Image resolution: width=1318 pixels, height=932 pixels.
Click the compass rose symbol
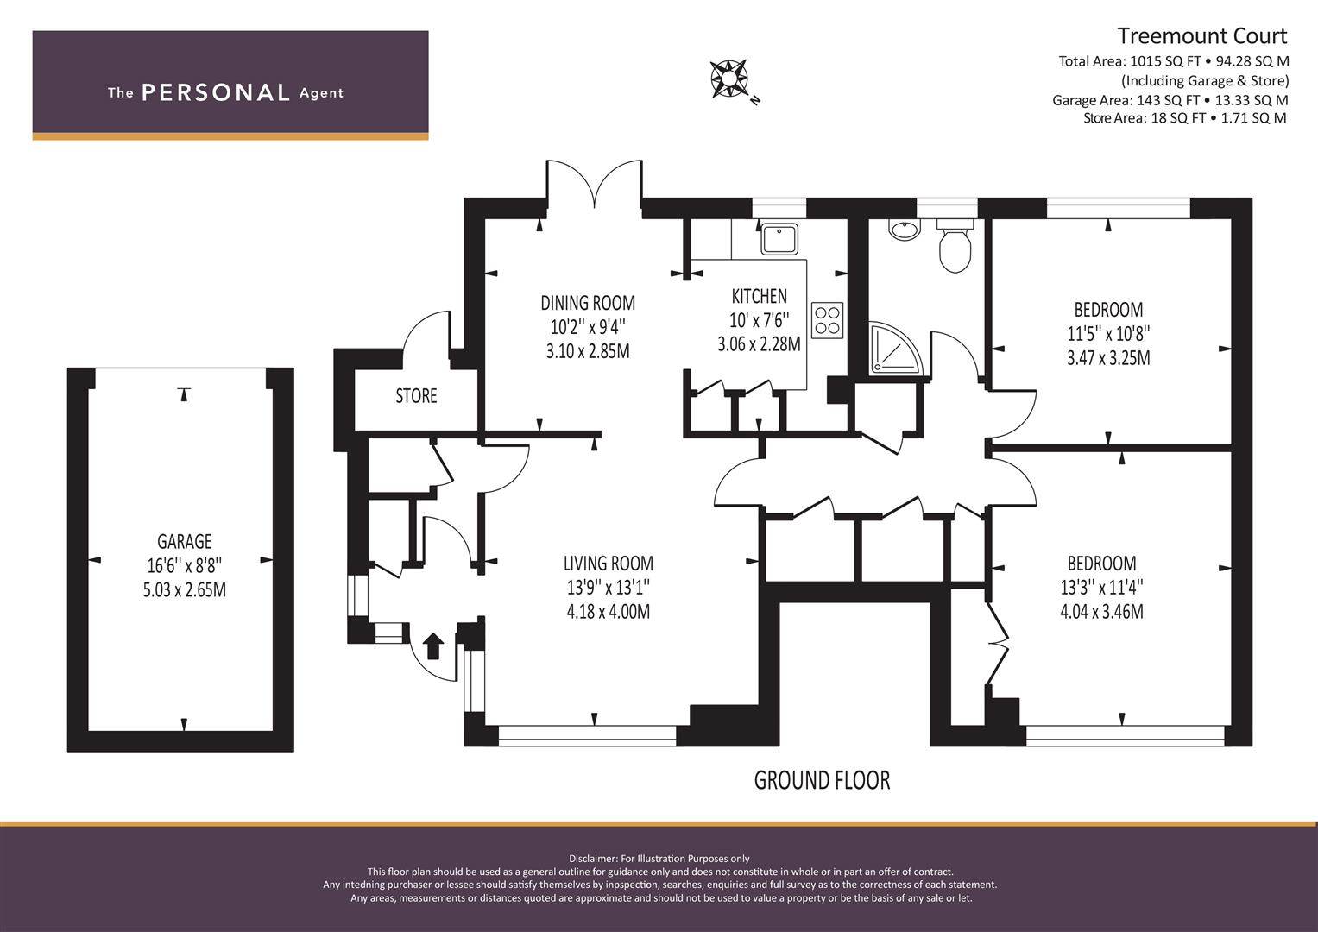(x=729, y=79)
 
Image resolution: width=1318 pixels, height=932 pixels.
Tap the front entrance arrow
(x=433, y=646)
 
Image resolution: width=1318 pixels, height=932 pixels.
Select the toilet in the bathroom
(x=955, y=246)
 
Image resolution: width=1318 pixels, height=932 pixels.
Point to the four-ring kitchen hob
(x=827, y=320)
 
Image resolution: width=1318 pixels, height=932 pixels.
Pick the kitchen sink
(x=779, y=239)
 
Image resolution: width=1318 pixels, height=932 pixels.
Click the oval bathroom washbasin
(x=904, y=230)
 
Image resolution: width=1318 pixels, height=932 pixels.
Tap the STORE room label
(x=416, y=396)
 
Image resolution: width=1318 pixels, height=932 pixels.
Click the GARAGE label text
(x=184, y=541)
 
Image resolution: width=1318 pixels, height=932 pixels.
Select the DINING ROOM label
(x=588, y=303)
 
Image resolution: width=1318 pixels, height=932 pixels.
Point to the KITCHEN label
(x=759, y=296)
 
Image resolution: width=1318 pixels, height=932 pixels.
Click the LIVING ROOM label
(x=609, y=563)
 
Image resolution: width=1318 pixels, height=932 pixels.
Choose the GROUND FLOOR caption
(x=822, y=780)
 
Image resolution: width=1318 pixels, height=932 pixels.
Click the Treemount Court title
(x=1202, y=36)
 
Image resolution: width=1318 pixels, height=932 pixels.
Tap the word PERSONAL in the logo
(x=216, y=92)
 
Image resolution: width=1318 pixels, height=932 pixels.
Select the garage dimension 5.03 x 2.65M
(x=184, y=589)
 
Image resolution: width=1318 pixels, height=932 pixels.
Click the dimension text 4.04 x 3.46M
(x=1101, y=612)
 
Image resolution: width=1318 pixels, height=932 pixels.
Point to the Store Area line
(x=1185, y=117)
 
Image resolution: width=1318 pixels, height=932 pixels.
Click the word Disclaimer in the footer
(x=592, y=859)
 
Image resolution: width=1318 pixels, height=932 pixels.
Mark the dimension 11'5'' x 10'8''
(x=1108, y=334)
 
